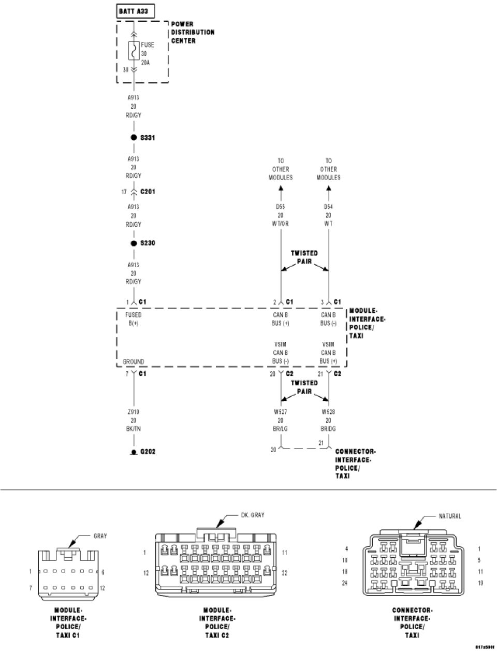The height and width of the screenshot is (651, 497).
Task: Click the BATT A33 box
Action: [133, 11]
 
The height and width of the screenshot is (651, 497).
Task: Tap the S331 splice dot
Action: [134, 138]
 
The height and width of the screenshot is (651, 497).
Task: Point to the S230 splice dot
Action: [134, 243]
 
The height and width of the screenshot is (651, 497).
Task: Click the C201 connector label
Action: [148, 192]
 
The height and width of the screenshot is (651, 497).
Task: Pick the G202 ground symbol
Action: [134, 452]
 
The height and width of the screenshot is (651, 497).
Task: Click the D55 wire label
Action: [281, 207]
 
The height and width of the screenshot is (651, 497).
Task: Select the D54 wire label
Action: [328, 207]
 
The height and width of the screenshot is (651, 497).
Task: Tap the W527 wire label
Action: [281, 412]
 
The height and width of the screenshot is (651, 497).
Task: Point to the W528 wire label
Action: [328, 412]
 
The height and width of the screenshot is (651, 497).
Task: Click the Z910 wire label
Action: [134, 412]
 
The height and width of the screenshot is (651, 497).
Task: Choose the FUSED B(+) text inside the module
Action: [133, 319]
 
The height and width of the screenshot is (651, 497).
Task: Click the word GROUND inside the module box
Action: [133, 361]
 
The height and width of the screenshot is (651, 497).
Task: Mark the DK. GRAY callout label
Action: [253, 515]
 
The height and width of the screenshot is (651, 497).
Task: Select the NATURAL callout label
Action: [449, 516]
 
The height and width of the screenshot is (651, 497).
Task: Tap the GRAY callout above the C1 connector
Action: [100, 536]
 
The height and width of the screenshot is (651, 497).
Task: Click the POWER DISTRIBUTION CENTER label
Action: [193, 32]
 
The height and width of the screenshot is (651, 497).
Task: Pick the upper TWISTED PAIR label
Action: [304, 257]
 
